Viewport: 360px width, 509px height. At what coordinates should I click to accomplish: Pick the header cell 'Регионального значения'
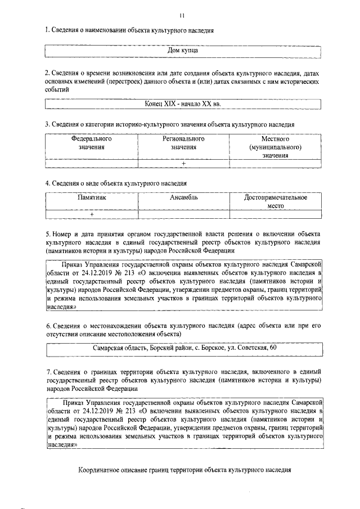[183, 142]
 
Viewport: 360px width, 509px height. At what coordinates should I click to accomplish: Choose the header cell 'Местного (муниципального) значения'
[275, 146]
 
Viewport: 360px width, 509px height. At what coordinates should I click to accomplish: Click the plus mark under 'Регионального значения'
[183, 163]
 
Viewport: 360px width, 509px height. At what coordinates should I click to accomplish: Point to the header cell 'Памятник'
[92, 198]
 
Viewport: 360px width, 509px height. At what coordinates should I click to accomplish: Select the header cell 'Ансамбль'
[183, 198]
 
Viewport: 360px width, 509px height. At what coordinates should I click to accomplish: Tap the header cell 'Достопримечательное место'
[275, 201]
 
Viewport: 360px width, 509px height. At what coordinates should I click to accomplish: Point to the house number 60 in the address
[273, 348]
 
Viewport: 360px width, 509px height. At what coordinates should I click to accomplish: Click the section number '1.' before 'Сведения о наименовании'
[48, 29]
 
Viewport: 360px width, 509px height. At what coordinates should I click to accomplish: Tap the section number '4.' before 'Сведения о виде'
[48, 183]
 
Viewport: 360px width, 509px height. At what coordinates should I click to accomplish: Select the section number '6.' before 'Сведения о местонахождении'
[48, 325]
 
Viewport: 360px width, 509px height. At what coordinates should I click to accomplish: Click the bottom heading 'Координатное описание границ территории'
[185, 469]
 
